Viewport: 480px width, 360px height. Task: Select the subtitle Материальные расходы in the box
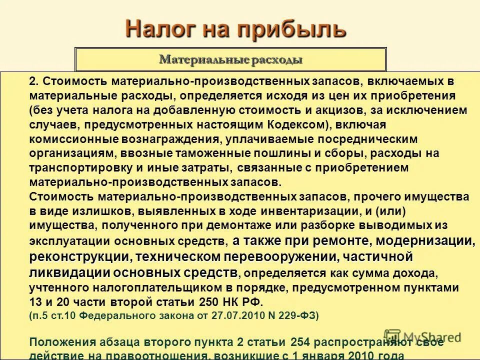tap(230, 60)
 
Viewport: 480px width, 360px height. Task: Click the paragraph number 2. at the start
tap(34, 81)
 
